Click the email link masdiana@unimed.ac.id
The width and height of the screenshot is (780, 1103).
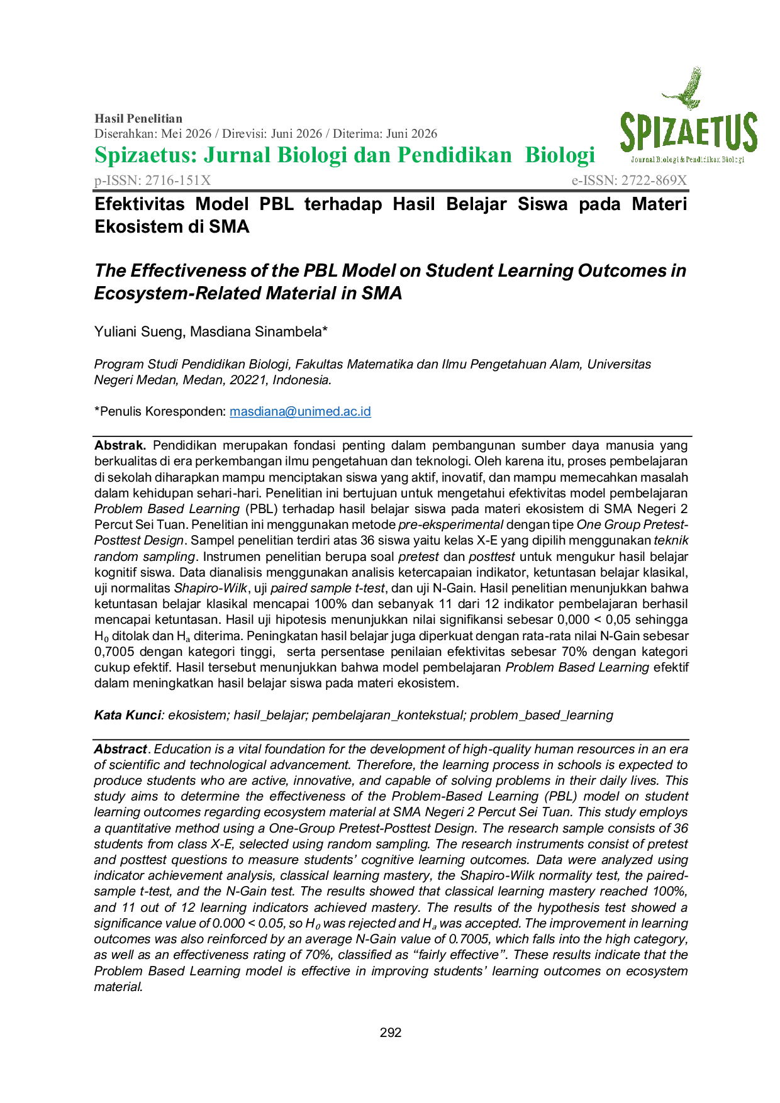point(300,411)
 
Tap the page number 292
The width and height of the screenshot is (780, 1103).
point(391,1033)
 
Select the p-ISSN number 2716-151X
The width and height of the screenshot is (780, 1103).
point(178,180)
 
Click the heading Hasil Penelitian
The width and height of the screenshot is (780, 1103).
point(138,118)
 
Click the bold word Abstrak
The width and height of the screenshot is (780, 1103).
point(120,445)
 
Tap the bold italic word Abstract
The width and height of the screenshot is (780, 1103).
point(121,749)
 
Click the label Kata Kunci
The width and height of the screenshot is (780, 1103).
point(128,715)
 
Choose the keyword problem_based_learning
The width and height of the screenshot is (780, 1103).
point(542,715)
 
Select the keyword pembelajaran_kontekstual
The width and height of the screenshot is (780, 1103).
point(389,715)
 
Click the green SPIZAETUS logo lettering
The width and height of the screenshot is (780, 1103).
point(689,132)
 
